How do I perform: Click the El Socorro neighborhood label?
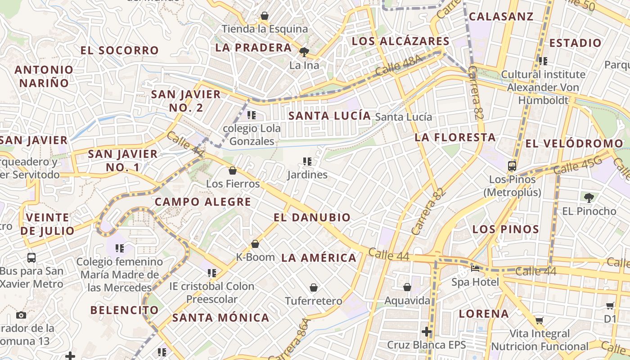tap(120, 50)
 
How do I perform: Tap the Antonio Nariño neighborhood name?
tap(44, 76)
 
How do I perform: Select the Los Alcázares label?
tap(400, 41)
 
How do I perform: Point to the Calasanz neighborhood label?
tap(501, 17)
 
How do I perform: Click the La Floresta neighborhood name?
tap(455, 137)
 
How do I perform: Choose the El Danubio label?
tap(312, 217)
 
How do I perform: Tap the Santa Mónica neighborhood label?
tap(221, 318)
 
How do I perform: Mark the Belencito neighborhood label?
tap(124, 310)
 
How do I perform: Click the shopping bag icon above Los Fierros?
tap(233, 171)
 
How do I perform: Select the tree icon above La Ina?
tap(304, 52)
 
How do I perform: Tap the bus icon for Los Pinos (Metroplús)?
tap(512, 166)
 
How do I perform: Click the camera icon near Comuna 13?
tap(21, 315)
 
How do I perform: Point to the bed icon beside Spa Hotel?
tap(475, 269)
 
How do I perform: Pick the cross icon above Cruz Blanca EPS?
tap(426, 332)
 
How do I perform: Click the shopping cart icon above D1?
tap(610, 306)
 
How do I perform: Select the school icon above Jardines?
tap(307, 161)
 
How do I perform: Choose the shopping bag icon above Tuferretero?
tap(314, 288)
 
